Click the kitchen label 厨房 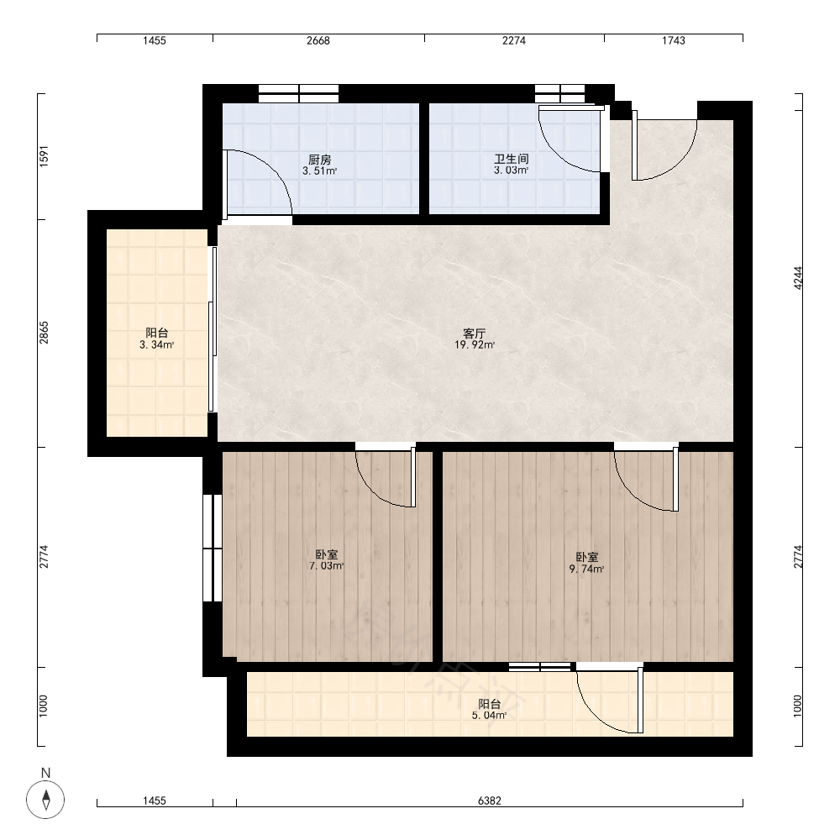tap(320, 160)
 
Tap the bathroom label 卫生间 tap(512, 159)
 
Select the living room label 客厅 tap(474, 333)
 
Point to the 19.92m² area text tap(475, 345)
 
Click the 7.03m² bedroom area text tap(326, 565)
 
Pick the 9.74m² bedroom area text tap(586, 569)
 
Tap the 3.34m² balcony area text tap(157, 345)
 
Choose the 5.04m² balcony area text tap(489, 715)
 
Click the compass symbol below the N tap(45, 800)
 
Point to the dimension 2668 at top tap(318, 40)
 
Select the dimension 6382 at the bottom tap(490, 801)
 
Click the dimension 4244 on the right tap(798, 279)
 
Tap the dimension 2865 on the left tap(44, 333)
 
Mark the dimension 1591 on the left tap(44, 156)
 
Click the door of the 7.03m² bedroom tap(386, 477)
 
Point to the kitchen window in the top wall tap(298, 93)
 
